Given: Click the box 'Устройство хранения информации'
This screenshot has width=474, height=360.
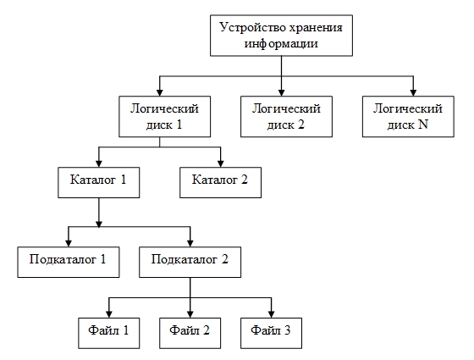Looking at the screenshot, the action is pos(281,36).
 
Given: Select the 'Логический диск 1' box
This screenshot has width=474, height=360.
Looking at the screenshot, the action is pos(164,117).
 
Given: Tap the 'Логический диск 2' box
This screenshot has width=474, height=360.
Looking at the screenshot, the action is pos(286,117).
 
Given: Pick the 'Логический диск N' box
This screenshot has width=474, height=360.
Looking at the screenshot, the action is pos(408,117).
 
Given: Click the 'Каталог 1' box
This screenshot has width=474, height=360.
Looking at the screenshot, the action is pos(98,182).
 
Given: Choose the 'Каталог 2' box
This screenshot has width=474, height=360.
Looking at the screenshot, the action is pos(220,182).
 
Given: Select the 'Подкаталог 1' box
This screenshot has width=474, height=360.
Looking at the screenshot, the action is pos(69,262).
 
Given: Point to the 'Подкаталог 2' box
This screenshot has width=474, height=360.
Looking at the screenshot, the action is pos(190,262).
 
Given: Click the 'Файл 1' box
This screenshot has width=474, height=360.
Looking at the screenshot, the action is pos(109,333).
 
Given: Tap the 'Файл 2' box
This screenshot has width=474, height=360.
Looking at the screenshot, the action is pos(190,333).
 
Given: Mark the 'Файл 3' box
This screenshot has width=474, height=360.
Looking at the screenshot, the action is pos(271,333).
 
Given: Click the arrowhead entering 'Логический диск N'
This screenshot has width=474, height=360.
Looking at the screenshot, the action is pos(413,92).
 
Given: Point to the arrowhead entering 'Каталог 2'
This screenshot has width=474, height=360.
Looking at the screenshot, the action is pos(221,163).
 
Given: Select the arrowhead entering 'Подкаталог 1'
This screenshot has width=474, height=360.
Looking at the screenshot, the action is pos(69,243).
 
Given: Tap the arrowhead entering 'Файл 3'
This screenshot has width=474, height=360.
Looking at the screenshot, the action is pos(271,314).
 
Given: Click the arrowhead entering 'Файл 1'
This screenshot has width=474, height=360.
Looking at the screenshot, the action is pos(109,314).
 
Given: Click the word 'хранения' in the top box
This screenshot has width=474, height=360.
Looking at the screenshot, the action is pos(316,28).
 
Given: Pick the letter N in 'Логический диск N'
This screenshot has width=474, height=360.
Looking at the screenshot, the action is pos(423,125).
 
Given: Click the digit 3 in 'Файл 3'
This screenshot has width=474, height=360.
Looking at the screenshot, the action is pos(287,330).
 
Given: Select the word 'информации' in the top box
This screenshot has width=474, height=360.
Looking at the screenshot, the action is pos(281,44).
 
